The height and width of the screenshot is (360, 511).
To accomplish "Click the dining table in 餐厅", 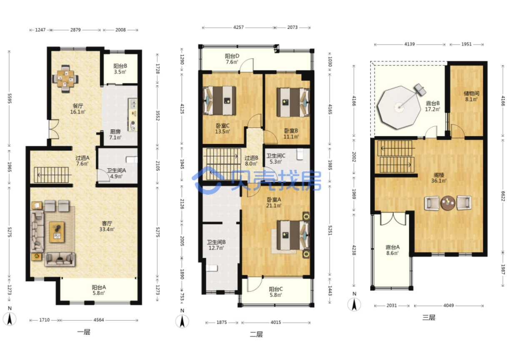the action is click(65, 79).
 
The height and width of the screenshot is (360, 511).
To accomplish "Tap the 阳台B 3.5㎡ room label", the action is click(120, 69).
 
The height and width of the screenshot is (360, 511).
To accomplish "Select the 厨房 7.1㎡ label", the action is click(115, 134).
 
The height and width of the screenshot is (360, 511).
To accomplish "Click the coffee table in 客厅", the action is click(57, 232).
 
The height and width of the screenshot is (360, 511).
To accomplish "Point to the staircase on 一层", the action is click(51, 175).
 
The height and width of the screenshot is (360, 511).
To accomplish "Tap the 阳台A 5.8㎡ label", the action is click(99, 290).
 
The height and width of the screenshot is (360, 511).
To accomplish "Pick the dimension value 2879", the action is click(75, 30).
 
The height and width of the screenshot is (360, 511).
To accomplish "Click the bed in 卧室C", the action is click(220, 101).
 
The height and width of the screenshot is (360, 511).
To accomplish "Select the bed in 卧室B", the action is click(293, 103).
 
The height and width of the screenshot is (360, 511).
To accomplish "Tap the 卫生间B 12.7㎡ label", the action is click(216, 245).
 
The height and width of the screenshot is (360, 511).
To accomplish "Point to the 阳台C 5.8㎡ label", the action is click(276, 292).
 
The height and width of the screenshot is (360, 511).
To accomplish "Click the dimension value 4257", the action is click(238, 28).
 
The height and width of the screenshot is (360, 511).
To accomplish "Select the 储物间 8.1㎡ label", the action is click(471, 96).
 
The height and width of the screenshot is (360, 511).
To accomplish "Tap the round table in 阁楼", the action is click(448, 203).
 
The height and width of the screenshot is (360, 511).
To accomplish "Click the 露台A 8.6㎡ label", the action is click(392, 250).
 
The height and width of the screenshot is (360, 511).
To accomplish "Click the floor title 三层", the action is click(428, 317).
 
